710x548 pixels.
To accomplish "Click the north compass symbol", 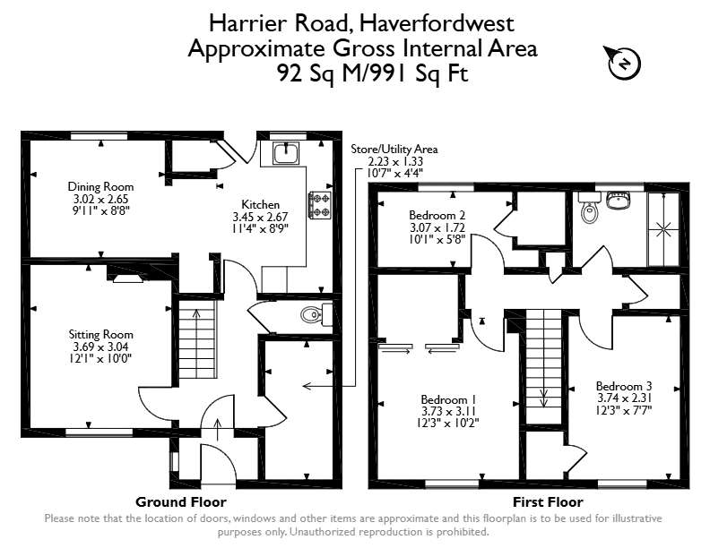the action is point(624,63).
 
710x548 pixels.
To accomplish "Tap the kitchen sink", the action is point(285,153).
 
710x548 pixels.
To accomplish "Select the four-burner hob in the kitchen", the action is point(320,205).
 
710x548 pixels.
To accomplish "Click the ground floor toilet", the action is point(316,314).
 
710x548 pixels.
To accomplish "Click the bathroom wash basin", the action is point(618,201).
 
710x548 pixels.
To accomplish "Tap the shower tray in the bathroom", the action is point(663,229).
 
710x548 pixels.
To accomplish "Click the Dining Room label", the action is point(100,186).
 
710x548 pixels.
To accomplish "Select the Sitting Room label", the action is point(101,334).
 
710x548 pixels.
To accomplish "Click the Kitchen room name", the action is point(260,204).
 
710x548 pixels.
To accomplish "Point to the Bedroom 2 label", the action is point(437,215).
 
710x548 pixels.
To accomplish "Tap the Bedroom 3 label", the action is point(624,386).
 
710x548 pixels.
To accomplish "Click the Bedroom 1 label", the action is point(448,399).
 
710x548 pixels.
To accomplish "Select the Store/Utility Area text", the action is point(394,150).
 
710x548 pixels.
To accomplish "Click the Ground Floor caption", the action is point(181,501).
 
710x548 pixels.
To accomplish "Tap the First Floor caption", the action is point(548,501).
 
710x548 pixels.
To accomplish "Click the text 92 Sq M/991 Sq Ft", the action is point(372,73).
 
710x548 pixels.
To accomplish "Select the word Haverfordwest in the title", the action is point(437,23).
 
